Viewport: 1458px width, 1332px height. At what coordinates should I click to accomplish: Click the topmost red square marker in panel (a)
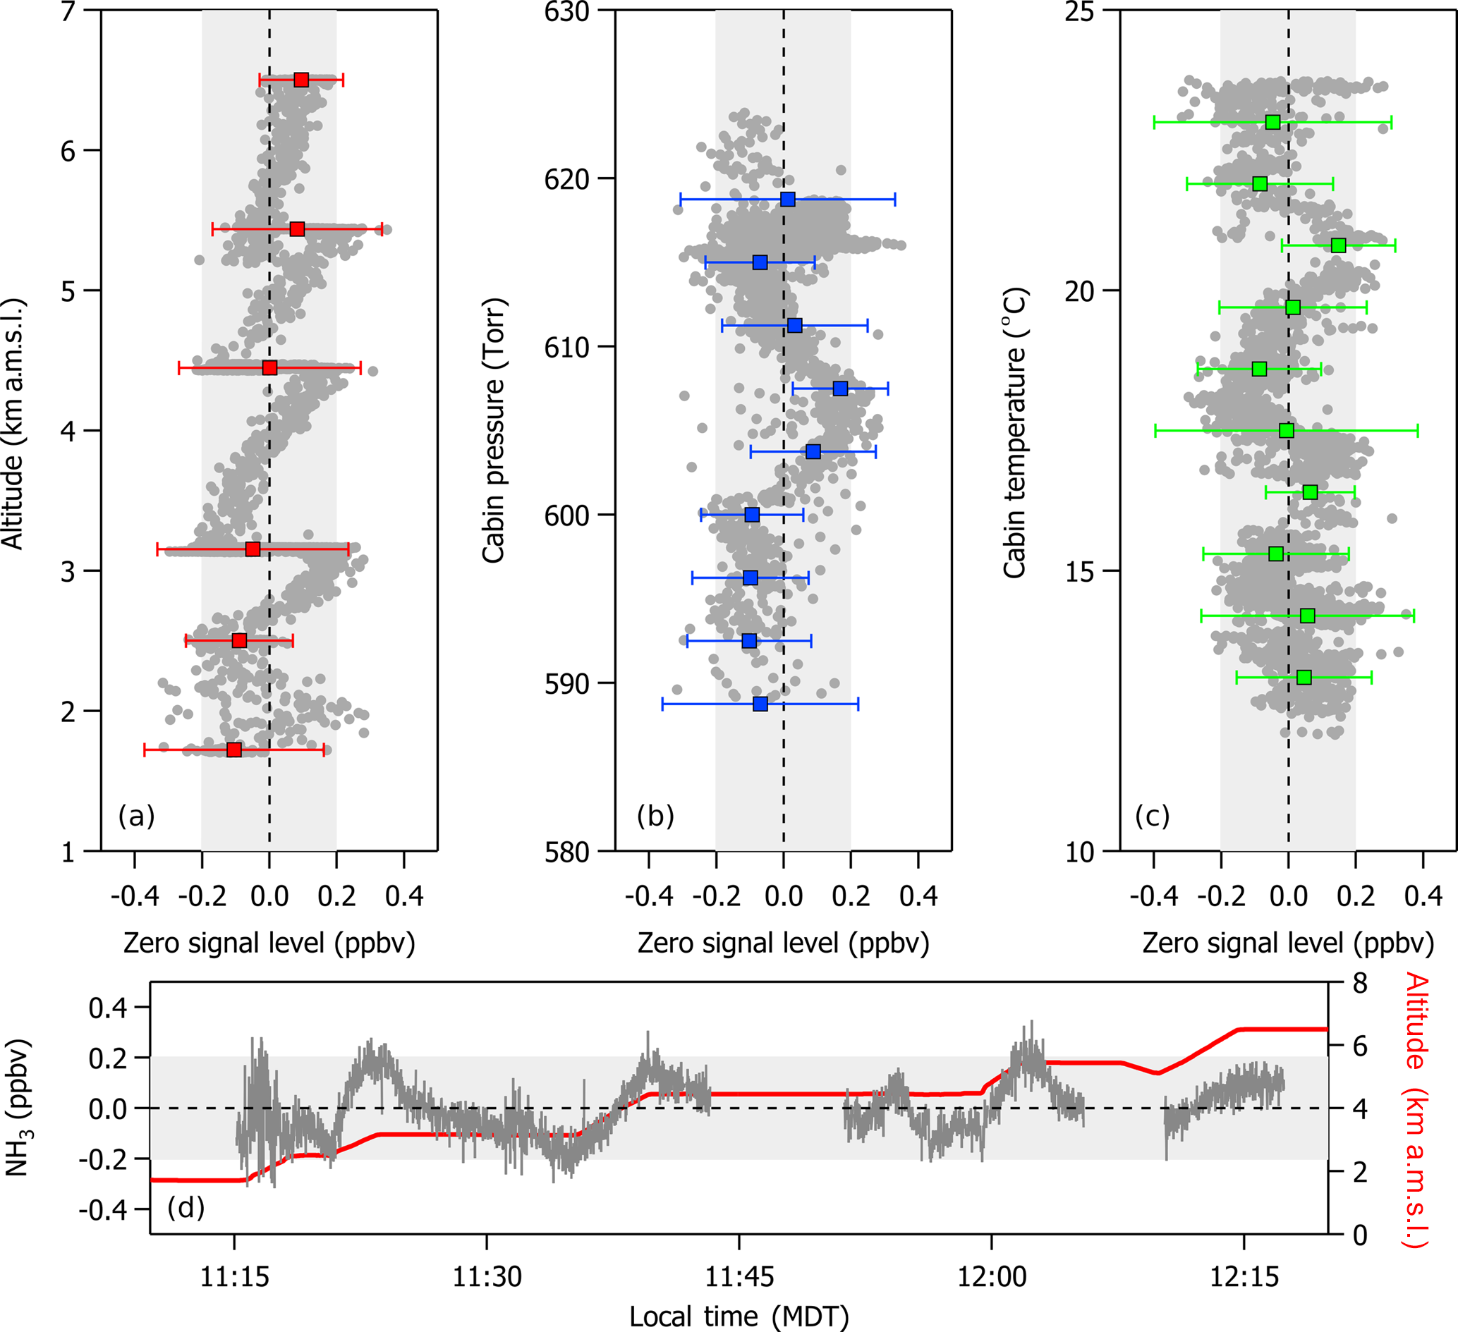pyautogui.click(x=302, y=80)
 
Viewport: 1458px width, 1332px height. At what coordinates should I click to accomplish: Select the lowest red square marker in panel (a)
pyautogui.click(x=233, y=750)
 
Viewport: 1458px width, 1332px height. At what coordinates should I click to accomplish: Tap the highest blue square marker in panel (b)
pyautogui.click(x=788, y=199)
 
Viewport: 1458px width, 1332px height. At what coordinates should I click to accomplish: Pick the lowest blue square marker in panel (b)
pyautogui.click(x=760, y=704)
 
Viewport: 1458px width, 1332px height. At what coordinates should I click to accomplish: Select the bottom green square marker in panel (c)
pyautogui.click(x=1304, y=677)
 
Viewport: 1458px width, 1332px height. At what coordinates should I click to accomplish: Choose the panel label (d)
pyautogui.click(x=186, y=1207)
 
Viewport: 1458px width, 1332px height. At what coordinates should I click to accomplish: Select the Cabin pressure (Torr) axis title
pyautogui.click(x=493, y=430)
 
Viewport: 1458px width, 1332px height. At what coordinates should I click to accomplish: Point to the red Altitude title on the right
pyautogui.click(x=1416, y=1110)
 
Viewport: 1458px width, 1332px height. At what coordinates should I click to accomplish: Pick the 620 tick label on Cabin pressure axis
pyautogui.click(x=566, y=178)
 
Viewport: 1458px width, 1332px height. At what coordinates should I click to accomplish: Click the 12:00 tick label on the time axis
pyautogui.click(x=992, y=1276)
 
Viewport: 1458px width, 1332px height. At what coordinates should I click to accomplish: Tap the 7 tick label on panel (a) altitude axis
pyautogui.click(x=68, y=12)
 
